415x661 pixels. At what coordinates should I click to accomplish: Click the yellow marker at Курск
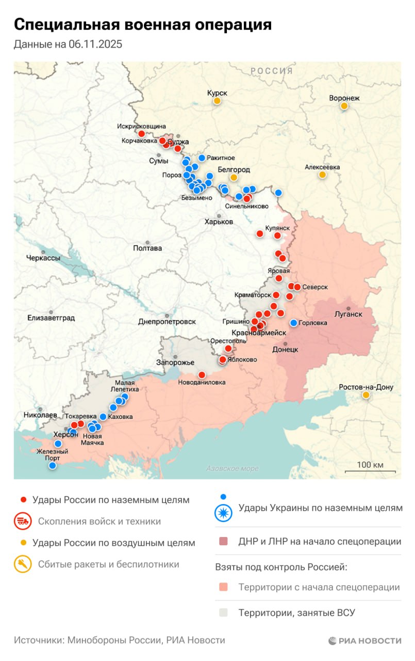point(217,101)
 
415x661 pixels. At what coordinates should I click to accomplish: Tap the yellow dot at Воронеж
point(344,106)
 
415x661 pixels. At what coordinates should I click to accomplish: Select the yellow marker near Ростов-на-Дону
point(366,395)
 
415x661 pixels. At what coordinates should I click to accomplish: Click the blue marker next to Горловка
point(294,323)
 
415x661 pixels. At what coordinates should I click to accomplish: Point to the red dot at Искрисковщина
point(142,134)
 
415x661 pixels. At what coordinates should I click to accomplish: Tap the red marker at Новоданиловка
point(202,374)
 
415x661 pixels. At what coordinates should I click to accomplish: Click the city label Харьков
point(219,222)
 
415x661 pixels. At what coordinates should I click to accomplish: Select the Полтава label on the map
point(147,248)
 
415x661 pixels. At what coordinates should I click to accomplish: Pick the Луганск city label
point(348,314)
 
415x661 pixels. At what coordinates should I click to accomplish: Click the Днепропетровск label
point(167,321)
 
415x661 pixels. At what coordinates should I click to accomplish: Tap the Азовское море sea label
point(232,468)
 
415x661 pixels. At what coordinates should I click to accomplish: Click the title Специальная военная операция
point(143,24)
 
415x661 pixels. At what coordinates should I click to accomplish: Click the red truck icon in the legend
point(22,521)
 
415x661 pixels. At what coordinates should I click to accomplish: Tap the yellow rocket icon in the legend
point(22,564)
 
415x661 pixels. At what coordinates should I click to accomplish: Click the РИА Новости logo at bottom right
point(364,641)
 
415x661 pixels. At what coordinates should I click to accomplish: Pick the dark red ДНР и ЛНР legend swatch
point(223,542)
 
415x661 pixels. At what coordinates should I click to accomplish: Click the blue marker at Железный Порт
point(52,465)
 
